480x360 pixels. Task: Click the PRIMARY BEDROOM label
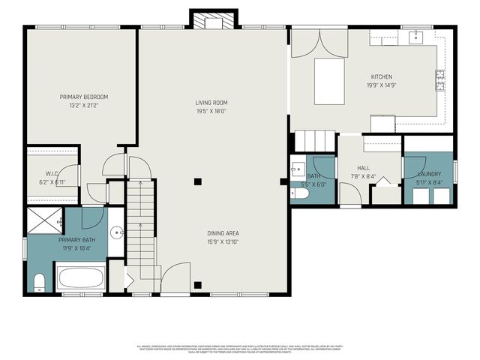pyautogui.click(x=85, y=97)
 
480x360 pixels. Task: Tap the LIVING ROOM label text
pyautogui.click(x=211, y=103)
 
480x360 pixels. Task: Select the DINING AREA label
pyautogui.click(x=223, y=233)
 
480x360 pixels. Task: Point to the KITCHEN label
pyautogui.click(x=381, y=77)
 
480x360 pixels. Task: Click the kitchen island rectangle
pyautogui.click(x=329, y=80)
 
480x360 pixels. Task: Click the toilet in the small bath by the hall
pyautogui.click(x=300, y=193)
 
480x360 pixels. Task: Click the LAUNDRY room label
pyautogui.click(x=429, y=173)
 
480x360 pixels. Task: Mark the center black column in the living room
pyautogui.click(x=198, y=181)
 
